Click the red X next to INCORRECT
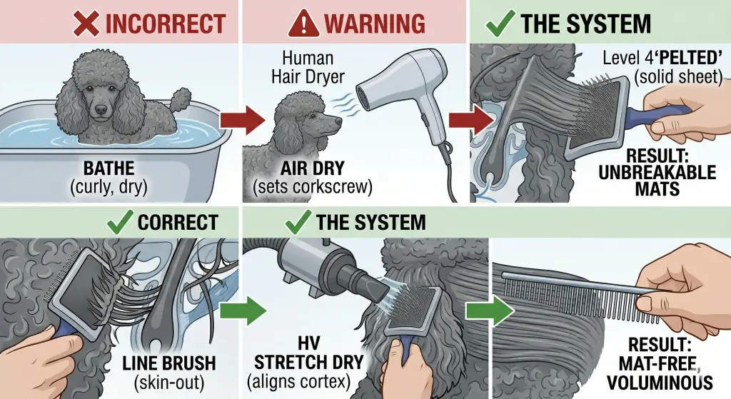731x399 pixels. point(86,24)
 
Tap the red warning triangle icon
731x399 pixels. point(303,24)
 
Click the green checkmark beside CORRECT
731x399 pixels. point(120,222)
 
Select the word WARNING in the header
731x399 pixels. point(375,24)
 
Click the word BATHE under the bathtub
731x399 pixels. point(109,168)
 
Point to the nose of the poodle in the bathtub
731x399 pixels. point(100,109)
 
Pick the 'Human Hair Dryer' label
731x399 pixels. point(308,67)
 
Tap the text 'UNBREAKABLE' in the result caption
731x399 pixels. point(657,173)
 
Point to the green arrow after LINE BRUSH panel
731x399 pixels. point(243,310)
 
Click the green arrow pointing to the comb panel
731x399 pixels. point(490,310)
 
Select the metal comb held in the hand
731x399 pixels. point(583,294)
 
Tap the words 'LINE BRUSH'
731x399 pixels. point(169,363)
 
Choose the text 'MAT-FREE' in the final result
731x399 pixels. point(657,363)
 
